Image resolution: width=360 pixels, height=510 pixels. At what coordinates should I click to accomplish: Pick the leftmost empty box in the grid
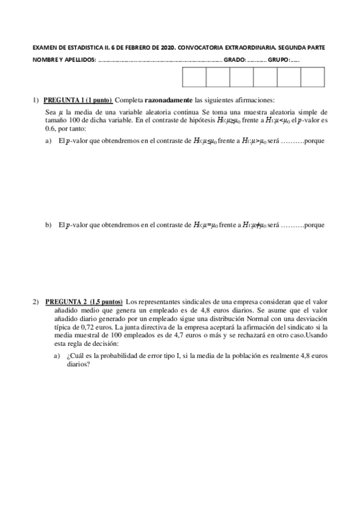(x=194, y=78)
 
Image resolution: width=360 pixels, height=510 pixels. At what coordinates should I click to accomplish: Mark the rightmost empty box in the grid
(x=312, y=78)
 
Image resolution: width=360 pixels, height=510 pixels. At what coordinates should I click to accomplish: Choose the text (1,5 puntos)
(x=106, y=301)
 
